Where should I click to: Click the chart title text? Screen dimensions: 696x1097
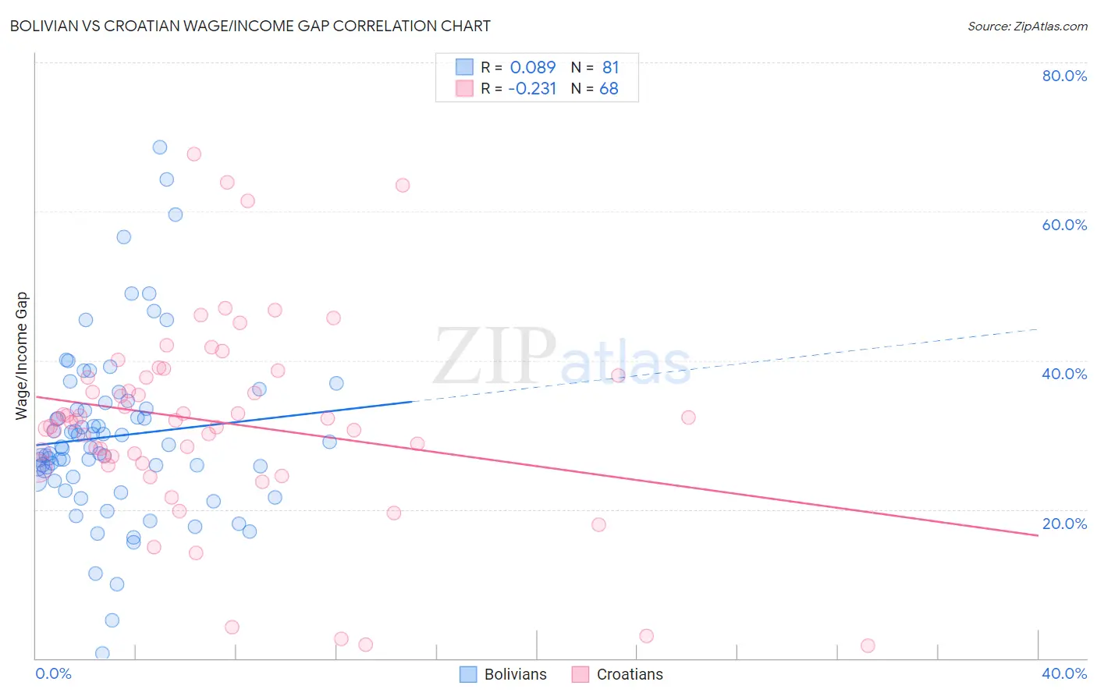[x=250, y=26]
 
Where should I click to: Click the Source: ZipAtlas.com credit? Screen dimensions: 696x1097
[x=1027, y=26]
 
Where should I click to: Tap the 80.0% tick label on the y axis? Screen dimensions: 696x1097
[x=1064, y=76]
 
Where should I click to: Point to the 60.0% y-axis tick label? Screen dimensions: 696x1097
[x=1064, y=225]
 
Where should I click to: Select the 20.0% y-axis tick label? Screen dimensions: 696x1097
[x=1064, y=524]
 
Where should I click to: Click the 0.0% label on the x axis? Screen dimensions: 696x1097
[x=53, y=673]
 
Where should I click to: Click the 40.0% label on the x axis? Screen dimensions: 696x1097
[x=1064, y=673]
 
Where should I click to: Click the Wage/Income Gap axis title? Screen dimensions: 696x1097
[x=22, y=356]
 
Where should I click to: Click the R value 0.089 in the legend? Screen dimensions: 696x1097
[x=533, y=67]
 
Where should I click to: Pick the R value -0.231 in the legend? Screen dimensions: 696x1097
[x=532, y=89]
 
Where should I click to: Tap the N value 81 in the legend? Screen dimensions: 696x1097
[x=610, y=67]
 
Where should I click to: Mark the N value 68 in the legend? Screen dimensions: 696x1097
[x=609, y=89]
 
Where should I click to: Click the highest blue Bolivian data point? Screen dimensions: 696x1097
[x=160, y=147]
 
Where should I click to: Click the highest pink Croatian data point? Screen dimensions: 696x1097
[x=194, y=154]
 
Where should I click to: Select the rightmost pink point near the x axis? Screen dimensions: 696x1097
[x=868, y=645]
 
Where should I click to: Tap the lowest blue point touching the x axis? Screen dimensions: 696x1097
[x=102, y=653]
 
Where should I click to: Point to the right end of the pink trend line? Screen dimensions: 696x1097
[x=1038, y=535]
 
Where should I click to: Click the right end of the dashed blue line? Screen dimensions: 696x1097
[x=1038, y=329]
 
